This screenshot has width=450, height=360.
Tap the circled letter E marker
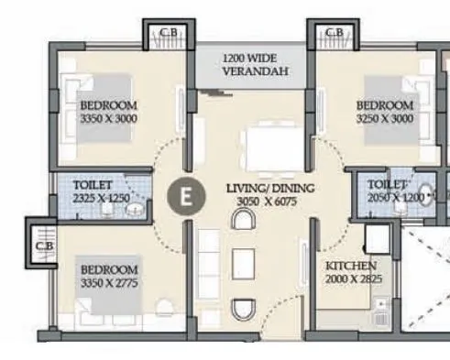(187, 195)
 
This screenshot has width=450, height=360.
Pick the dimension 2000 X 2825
(353, 279)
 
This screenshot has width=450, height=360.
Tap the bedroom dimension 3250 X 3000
(384, 119)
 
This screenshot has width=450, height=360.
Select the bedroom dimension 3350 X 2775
(109, 283)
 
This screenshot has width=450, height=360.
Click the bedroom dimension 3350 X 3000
(107, 119)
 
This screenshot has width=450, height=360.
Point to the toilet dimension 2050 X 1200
(396, 198)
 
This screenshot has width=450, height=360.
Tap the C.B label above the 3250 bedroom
(335, 34)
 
